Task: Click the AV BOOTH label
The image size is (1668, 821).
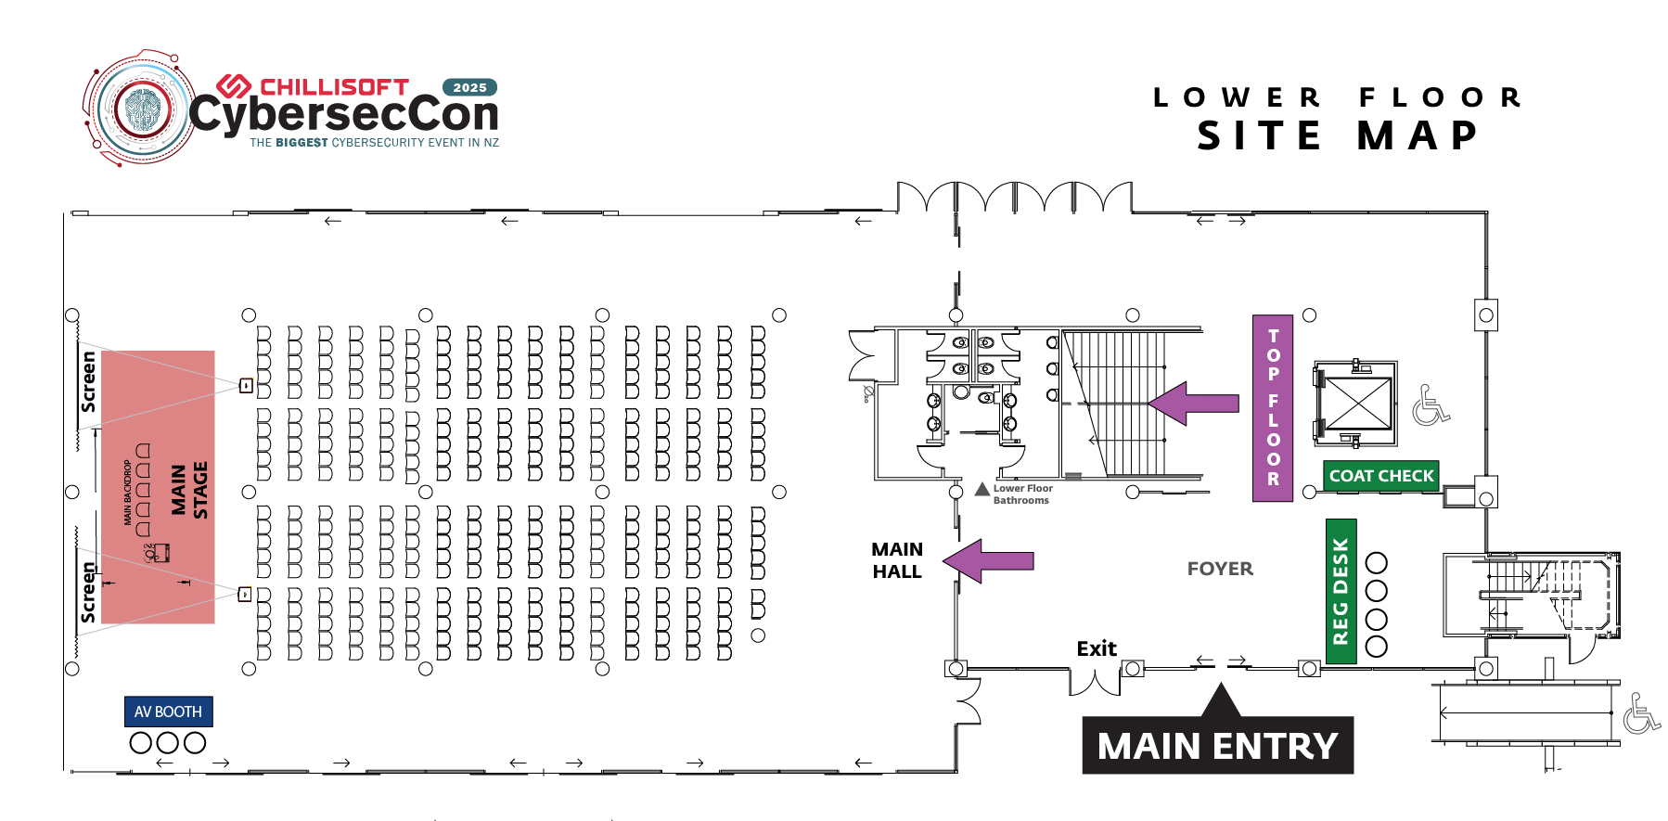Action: coord(168,712)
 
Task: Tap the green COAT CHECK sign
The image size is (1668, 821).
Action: coord(1381,476)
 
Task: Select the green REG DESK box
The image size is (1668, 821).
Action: coord(1341,591)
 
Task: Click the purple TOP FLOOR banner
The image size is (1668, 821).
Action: coord(1273,407)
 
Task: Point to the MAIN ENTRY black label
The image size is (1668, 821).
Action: coord(1217,745)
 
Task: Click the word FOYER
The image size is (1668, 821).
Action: coord(1220,569)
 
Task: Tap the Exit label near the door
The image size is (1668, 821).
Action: coord(1096,648)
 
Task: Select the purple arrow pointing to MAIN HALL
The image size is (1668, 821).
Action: coord(988,560)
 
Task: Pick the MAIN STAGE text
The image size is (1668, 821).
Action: coord(189,490)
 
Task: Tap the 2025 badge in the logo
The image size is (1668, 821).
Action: coord(469,87)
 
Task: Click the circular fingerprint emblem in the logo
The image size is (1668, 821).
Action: coord(142,109)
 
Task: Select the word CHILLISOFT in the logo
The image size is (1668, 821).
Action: coord(334,87)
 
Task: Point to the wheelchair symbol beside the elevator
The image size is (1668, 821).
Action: coord(1431,405)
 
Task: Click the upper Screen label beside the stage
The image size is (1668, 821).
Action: coord(88,381)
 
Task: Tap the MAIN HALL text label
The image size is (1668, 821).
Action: coord(897,560)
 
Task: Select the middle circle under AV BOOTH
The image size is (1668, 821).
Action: coord(168,743)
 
